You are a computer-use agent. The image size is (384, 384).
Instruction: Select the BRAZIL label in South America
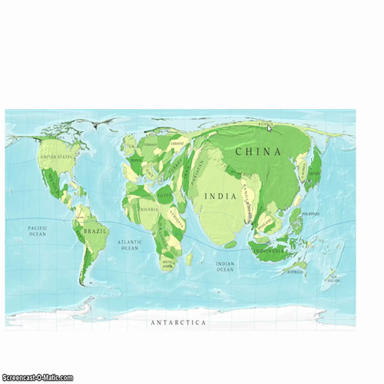click(96, 230)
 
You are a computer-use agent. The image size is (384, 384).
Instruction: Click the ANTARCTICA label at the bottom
click(178, 323)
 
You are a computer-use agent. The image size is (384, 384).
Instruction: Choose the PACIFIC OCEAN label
click(38, 230)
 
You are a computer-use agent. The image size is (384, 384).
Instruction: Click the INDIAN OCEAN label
click(224, 266)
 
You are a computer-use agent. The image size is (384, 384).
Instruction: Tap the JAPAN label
click(315, 174)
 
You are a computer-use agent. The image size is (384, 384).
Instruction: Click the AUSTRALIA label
click(295, 271)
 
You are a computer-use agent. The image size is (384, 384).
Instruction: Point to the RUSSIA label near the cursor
click(265, 123)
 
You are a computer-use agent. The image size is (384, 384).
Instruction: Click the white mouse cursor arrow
click(270, 128)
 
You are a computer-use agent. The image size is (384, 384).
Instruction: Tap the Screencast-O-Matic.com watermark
click(37, 377)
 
